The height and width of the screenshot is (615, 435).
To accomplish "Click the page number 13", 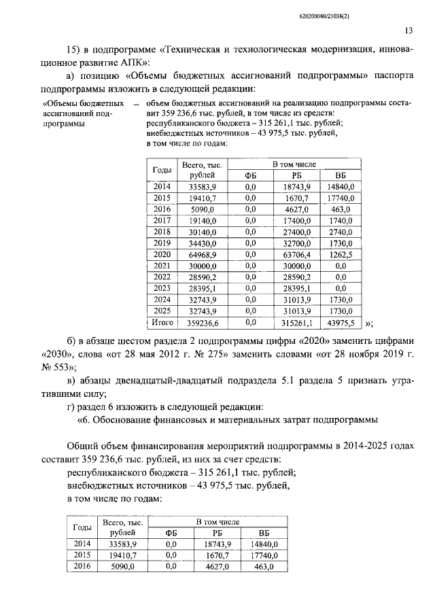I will click(x=408, y=31).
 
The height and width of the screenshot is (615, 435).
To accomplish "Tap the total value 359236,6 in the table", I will click(x=201, y=323).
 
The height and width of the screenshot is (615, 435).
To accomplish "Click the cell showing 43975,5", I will click(x=341, y=323).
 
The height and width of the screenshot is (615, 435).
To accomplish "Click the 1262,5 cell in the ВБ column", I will click(x=341, y=254).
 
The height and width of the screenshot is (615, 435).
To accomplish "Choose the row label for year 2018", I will click(x=162, y=232).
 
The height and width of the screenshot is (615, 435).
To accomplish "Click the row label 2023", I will click(x=162, y=288).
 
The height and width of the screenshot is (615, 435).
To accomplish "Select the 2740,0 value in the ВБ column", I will click(x=341, y=232).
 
